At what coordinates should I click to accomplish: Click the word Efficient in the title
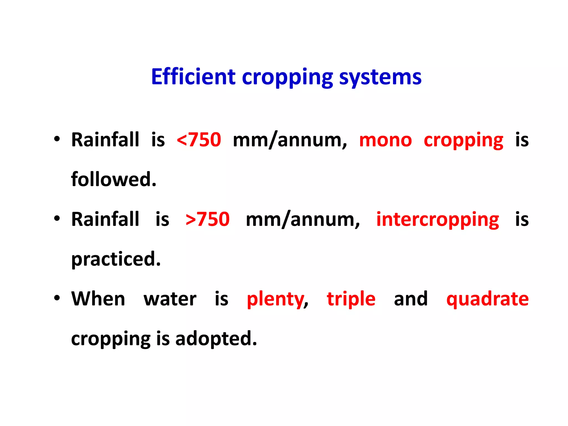coord(193,77)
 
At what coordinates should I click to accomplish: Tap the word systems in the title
coord(380,77)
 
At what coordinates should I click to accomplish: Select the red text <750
coord(199,140)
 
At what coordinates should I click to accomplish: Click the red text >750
coord(207,219)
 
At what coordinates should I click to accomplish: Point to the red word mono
coord(386,140)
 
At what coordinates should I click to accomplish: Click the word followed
coord(114,179)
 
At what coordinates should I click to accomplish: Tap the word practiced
coord(116,259)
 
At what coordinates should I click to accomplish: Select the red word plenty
coord(276,300)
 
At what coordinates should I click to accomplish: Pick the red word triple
coord(351,300)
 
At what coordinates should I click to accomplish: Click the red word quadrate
coord(488,300)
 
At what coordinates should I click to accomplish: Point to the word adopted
coord(216,339)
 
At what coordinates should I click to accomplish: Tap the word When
coord(98,299)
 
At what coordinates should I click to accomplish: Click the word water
coord(170,299)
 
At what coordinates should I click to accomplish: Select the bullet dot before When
coord(57,298)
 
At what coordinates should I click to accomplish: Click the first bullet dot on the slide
coord(57,138)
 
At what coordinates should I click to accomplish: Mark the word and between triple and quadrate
coord(411,299)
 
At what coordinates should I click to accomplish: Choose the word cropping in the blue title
coord(287,77)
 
